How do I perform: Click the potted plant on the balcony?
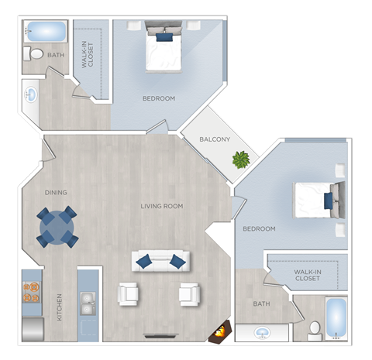241,160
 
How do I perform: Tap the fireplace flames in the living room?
219,334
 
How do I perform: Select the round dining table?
57,226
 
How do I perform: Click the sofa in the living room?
161,261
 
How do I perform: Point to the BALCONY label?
215,139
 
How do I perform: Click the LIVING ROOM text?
161,206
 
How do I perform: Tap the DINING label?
56,193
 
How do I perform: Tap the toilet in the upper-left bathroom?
34,55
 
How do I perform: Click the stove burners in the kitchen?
32,289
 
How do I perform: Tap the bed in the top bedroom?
164,50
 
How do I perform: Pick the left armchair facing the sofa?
128,294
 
